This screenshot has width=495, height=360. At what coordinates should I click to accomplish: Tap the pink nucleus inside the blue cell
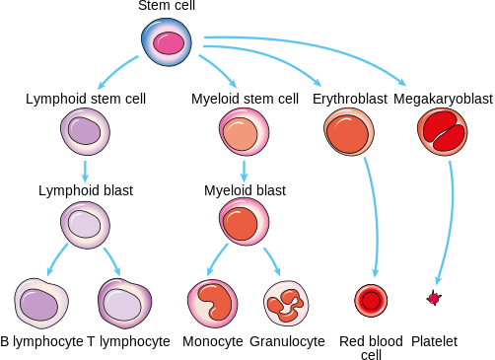click(169, 43)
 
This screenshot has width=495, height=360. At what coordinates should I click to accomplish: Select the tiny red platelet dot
click(433, 298)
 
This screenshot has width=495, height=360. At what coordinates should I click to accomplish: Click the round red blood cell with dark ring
click(371, 300)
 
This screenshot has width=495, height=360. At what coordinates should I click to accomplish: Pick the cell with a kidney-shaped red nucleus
click(212, 303)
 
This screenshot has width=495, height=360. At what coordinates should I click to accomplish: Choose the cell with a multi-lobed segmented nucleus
click(286, 304)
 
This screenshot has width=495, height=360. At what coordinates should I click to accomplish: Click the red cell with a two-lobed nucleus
click(442, 131)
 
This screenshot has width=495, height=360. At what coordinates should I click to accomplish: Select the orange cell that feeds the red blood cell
click(348, 132)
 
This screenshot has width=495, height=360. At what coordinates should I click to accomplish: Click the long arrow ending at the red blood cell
click(373, 217)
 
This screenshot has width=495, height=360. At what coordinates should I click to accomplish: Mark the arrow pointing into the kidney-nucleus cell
click(216, 260)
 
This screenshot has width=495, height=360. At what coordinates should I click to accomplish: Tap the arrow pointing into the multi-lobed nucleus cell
click(272, 260)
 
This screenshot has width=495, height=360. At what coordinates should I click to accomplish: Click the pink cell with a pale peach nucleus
click(243, 132)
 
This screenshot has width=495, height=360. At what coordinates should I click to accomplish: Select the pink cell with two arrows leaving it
click(244, 221)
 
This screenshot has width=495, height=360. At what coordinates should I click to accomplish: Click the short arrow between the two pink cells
click(244, 171)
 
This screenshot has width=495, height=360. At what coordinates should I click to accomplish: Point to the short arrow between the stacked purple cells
click(85, 171)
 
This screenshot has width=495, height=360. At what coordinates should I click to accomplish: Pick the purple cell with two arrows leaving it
click(85, 224)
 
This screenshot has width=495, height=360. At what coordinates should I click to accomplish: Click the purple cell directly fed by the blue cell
click(85, 131)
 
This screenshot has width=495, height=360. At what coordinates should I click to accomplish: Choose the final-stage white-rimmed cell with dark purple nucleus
click(40, 303)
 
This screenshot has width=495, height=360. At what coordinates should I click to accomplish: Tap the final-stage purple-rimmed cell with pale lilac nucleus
click(124, 303)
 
